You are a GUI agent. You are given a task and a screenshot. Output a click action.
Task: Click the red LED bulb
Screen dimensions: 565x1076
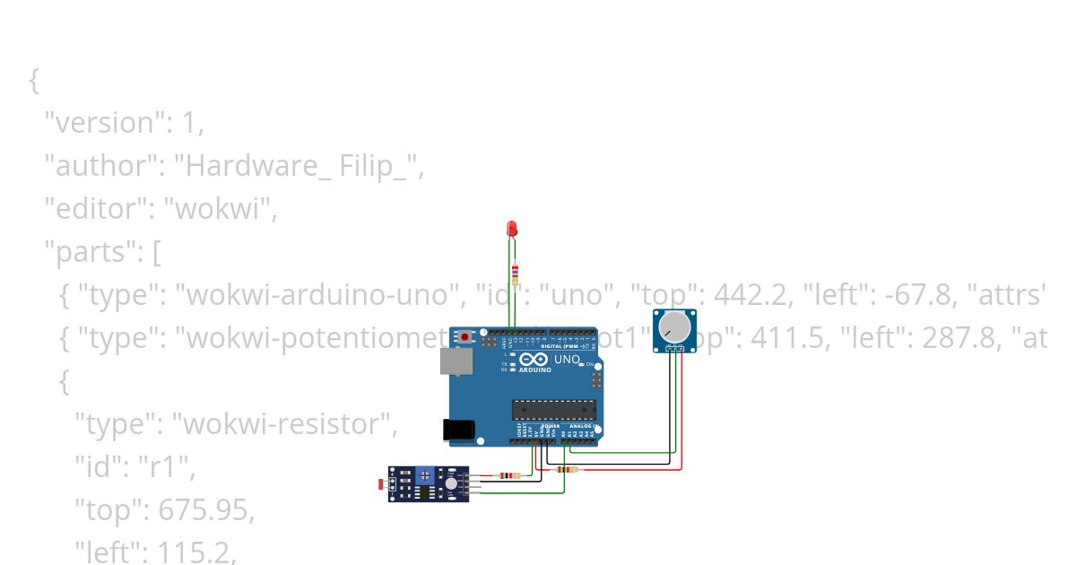[x=513, y=229]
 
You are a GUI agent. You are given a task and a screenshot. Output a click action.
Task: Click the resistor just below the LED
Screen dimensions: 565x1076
[x=514, y=273]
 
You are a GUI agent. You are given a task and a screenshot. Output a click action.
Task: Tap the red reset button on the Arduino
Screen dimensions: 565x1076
[x=465, y=337]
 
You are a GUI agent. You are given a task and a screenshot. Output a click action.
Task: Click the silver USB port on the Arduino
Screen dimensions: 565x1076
[x=454, y=361]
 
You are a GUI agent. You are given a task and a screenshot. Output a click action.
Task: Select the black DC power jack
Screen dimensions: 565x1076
[x=460, y=430]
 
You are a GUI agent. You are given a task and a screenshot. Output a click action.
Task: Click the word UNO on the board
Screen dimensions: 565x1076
[x=567, y=360]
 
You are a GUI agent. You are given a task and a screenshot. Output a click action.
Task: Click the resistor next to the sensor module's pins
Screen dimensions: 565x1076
[x=508, y=476]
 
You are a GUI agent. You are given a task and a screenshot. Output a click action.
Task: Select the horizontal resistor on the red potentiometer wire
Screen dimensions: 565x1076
[x=567, y=469]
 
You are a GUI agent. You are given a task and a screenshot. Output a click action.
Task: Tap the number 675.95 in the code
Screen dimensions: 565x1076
[x=206, y=510]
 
